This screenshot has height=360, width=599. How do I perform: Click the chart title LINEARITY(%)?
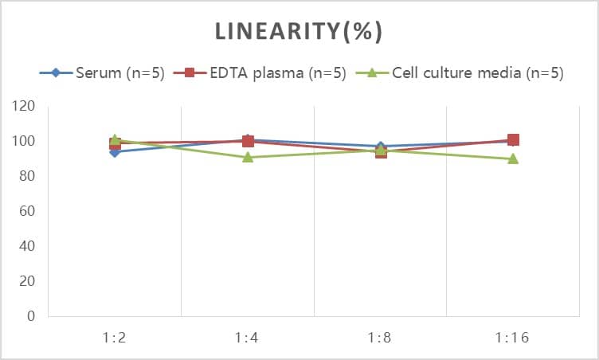(299, 31)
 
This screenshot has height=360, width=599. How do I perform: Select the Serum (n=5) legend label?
(120, 73)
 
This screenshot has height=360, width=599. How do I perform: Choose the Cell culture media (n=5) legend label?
(478, 73)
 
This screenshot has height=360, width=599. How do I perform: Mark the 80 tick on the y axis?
(28, 176)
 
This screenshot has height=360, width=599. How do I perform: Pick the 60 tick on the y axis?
(28, 211)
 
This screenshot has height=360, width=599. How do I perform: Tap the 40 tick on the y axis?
(28, 246)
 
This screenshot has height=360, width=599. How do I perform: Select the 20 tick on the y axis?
(28, 281)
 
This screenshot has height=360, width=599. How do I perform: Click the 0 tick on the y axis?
(32, 316)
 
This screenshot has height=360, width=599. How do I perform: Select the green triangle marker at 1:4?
(248, 157)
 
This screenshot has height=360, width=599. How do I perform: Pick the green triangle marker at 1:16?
(513, 158)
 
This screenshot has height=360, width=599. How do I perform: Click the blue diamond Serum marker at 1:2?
(115, 151)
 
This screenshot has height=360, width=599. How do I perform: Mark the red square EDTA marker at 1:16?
(513, 140)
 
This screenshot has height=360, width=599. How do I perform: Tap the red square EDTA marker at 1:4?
(248, 141)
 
